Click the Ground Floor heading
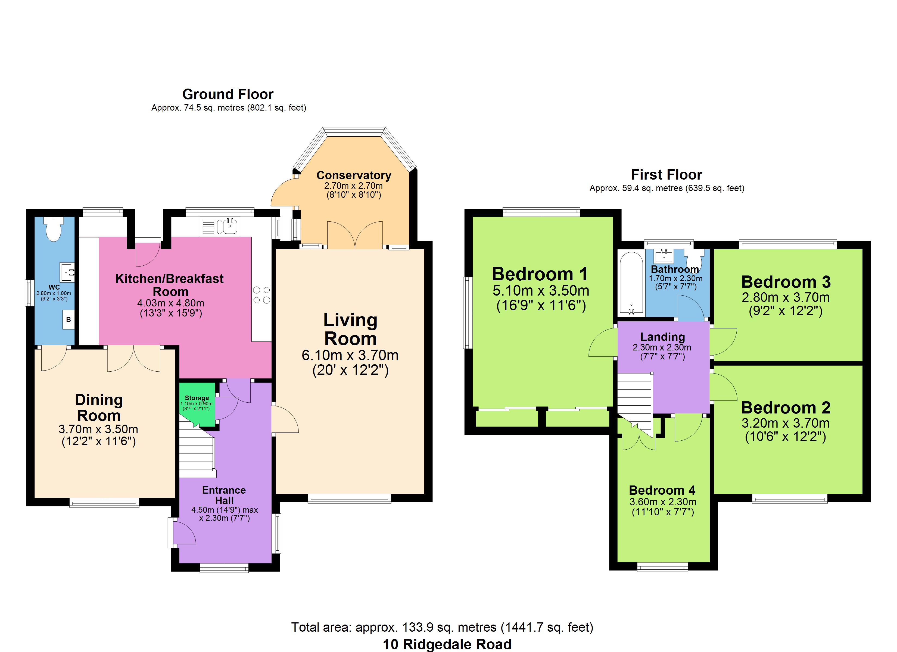(x=228, y=95)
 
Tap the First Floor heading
(x=666, y=175)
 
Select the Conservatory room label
(x=354, y=175)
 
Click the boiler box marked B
(x=68, y=319)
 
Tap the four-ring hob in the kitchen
(x=261, y=295)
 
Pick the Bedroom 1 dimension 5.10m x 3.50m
(x=541, y=291)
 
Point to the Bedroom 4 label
(x=662, y=490)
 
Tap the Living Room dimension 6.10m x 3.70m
(x=350, y=355)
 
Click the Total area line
(x=442, y=627)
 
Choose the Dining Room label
(x=99, y=408)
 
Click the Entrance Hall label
(x=224, y=495)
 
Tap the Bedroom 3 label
(x=786, y=282)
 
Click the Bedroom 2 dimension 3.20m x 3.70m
(x=786, y=423)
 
